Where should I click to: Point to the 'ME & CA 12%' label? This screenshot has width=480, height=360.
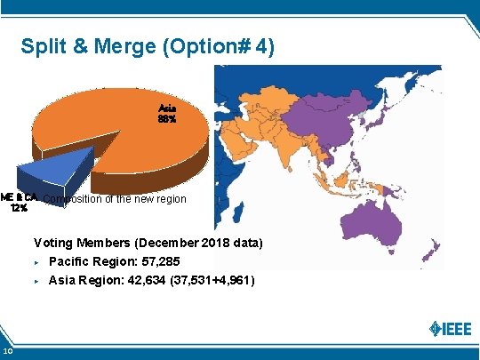[x=19, y=203]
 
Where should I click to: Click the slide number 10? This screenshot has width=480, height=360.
[x=7, y=354]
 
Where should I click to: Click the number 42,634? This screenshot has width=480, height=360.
[x=152, y=280]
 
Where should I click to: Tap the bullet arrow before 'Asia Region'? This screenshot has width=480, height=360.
[x=36, y=281]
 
